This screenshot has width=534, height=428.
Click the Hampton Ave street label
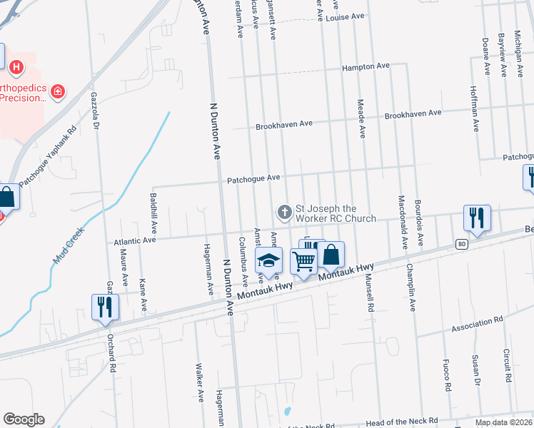[366, 66]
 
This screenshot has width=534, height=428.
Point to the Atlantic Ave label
[135, 242]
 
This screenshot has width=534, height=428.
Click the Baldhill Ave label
[153, 208]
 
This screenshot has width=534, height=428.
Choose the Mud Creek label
[69, 245]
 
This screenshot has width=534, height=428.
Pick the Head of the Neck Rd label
[403, 422]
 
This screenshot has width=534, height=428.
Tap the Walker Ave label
[200, 384]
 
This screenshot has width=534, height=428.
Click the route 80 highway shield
[463, 244]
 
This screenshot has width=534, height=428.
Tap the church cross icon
[283, 212]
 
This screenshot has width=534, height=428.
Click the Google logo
[24, 419]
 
